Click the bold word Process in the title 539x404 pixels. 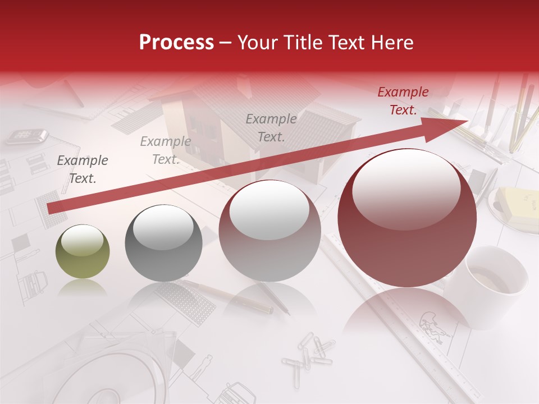pyautogui.click(x=176, y=42)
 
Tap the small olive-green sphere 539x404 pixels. pyautogui.click(x=83, y=251)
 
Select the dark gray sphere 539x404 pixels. pyautogui.click(x=163, y=243)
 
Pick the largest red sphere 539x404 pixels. pyautogui.click(x=407, y=218)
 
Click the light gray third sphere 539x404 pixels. pyautogui.click(x=269, y=231)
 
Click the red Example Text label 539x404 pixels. pyautogui.click(x=403, y=101)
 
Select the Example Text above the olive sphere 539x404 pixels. pyautogui.click(x=83, y=169)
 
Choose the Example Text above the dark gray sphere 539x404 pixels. pyautogui.click(x=166, y=150)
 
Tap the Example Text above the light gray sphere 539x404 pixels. pyautogui.click(x=271, y=127)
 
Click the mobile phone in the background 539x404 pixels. pyautogui.click(x=26, y=136)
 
